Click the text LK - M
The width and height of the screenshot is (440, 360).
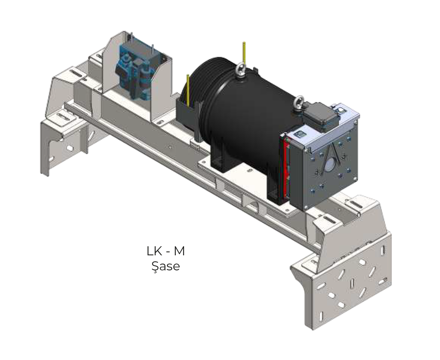166,251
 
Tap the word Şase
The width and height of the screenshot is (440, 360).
166,266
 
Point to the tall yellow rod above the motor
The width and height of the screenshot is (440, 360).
244,53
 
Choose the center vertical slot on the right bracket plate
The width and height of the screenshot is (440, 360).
352,283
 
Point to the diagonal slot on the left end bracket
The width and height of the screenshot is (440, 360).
91,133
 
